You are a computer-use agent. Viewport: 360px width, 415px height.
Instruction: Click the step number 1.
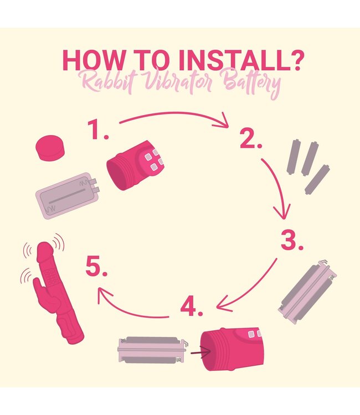(98, 129)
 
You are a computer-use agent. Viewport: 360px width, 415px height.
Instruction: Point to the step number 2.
(251, 138)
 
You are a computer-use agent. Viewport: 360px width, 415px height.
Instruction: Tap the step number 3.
(292, 240)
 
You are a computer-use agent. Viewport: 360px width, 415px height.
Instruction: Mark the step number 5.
(97, 266)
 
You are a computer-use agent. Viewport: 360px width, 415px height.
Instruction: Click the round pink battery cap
(50, 148)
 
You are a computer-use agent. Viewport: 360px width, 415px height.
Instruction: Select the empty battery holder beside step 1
(68, 195)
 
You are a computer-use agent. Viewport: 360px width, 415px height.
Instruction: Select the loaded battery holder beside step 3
(307, 292)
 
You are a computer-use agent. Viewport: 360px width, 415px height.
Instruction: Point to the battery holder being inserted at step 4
(152, 350)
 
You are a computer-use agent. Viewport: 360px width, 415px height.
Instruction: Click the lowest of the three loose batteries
(317, 179)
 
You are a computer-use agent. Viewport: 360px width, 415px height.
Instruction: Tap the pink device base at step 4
(232, 349)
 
